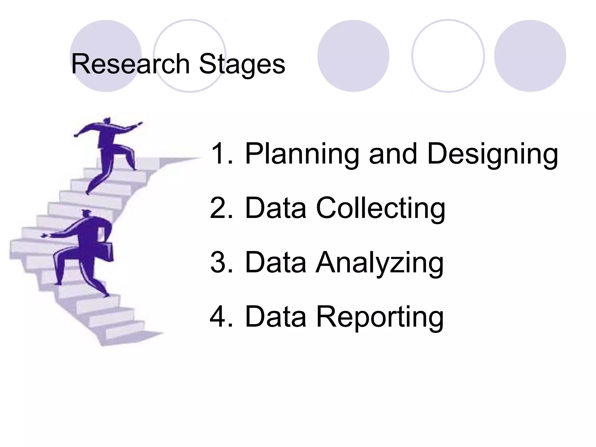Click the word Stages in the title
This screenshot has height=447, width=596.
[242, 65]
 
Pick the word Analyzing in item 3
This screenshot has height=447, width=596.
[379, 263]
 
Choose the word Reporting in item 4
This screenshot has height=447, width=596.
[380, 317]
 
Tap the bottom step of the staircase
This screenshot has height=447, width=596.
[128, 338]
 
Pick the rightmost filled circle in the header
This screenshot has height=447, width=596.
[530, 56]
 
